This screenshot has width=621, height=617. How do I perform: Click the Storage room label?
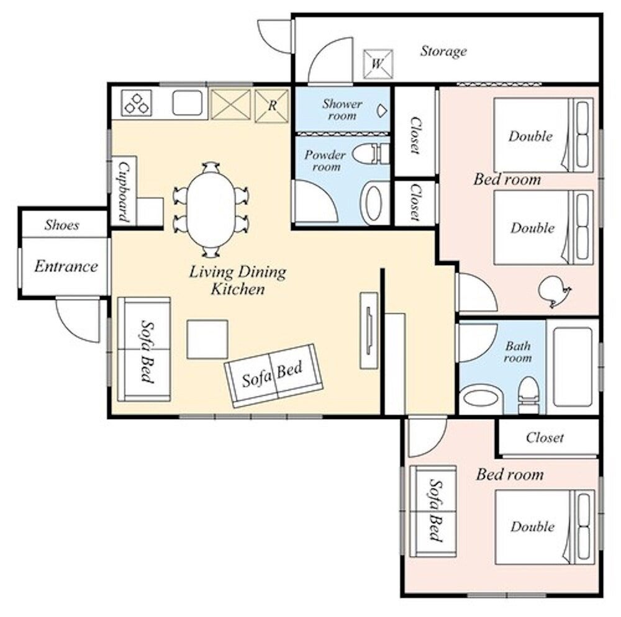click(x=443, y=52)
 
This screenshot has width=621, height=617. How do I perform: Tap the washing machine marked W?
click(x=378, y=64)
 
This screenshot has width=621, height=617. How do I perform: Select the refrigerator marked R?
click(x=272, y=106)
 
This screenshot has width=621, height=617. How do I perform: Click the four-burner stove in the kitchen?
click(x=137, y=103)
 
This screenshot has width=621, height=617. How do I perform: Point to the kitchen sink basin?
click(x=188, y=102)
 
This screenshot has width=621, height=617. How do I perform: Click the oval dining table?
click(x=212, y=209)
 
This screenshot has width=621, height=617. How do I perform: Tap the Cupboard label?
click(x=124, y=192)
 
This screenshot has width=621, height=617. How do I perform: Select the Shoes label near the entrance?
click(x=61, y=225)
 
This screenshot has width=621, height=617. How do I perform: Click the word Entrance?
click(x=66, y=266)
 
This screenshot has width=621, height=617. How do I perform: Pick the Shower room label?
click(x=342, y=110)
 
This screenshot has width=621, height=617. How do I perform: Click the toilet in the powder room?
click(x=371, y=154)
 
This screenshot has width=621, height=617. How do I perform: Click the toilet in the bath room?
click(x=528, y=394)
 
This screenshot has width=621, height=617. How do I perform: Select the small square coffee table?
click(x=207, y=340)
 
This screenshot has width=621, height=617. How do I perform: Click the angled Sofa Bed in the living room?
click(x=274, y=376)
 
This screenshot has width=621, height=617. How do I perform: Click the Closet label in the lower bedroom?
click(x=545, y=438)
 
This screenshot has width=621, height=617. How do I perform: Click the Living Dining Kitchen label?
click(x=238, y=281)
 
